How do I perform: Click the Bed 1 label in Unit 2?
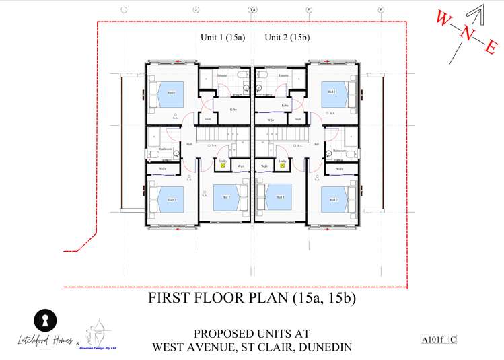pos(332,92)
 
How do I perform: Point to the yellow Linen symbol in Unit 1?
pos(223,164)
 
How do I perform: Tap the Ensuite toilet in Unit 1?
pos(246,88)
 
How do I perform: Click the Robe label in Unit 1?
pos(233,109)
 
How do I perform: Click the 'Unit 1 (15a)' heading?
pos(223,37)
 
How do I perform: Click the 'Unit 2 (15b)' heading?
pos(287,37)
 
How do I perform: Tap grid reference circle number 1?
pos(124,10)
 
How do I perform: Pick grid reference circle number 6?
pos(381,10)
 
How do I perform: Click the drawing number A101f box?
pos(432,340)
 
